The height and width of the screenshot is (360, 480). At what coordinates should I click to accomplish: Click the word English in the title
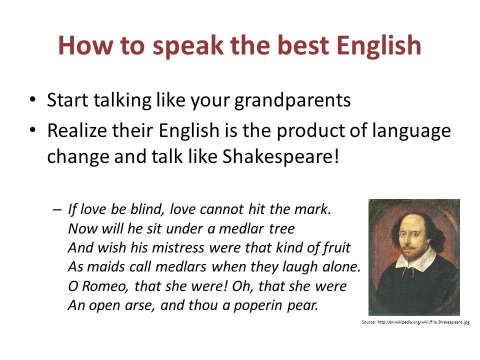tap(378, 45)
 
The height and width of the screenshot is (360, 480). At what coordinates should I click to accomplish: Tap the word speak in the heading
tap(187, 46)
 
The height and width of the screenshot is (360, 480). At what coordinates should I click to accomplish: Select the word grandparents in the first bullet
tap(292, 100)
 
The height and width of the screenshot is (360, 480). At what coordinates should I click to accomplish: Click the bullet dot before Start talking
tap(33, 99)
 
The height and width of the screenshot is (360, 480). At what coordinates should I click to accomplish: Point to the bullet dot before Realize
tap(33, 130)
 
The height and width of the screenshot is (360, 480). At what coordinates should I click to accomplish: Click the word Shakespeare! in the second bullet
tap(280, 156)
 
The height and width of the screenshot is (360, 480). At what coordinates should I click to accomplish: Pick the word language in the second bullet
tap(411, 131)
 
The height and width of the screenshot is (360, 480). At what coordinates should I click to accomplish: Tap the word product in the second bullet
tap(310, 131)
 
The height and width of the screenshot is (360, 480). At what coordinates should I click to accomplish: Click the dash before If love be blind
tap(57, 209)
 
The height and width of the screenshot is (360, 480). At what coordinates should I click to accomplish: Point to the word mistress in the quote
tap(178, 247)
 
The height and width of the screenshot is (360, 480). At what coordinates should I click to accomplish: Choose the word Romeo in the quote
tap(104, 286)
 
